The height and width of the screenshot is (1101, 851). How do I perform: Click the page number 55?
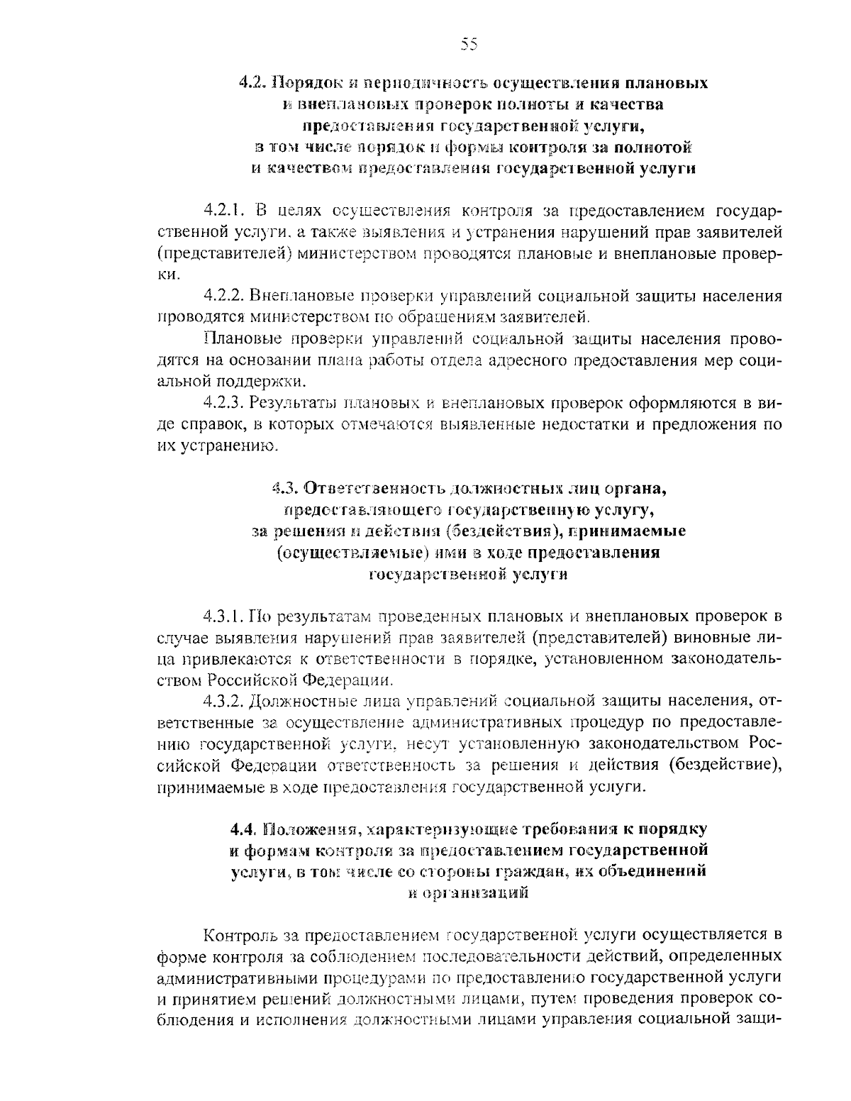click(469, 45)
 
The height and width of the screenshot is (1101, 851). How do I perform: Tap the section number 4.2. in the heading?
click(252, 82)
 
